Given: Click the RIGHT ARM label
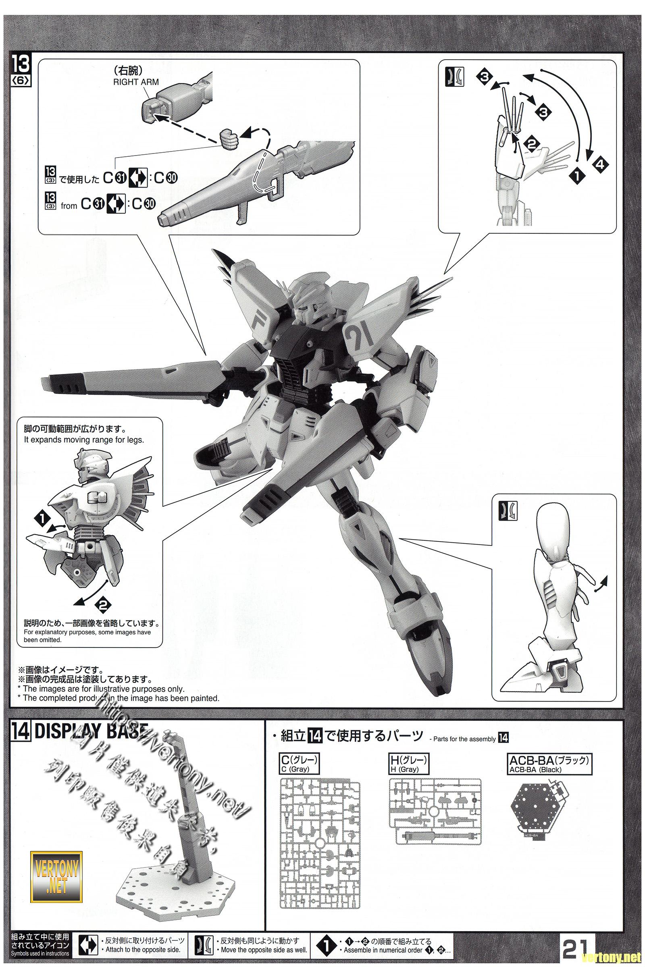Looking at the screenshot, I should pyautogui.click(x=136, y=82).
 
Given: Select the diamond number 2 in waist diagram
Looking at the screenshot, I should pyautogui.click(x=103, y=604).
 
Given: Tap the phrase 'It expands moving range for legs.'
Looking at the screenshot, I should pyautogui.click(x=83, y=440).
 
